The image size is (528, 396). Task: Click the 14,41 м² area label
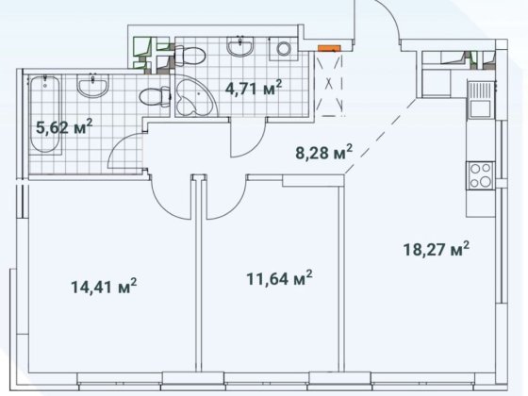click(x=104, y=287)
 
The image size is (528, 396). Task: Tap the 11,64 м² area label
click(x=279, y=278)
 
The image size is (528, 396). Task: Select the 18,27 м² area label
click(x=436, y=249)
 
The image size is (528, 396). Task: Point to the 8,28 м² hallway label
click(x=324, y=152)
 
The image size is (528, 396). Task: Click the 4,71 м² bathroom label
click(x=254, y=89)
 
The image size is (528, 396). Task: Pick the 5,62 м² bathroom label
click(x=64, y=127)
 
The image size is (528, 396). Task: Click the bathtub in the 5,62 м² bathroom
click(x=45, y=114)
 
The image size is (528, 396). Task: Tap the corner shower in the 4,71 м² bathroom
click(x=195, y=96)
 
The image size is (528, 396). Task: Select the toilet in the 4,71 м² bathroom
click(x=190, y=56)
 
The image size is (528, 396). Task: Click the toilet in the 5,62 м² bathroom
click(x=155, y=96)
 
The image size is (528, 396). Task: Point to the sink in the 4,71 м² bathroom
click(x=239, y=45)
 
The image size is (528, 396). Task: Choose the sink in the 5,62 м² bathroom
click(x=92, y=85)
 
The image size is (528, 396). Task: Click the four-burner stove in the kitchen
click(x=481, y=175)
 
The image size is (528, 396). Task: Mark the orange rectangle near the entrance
click(x=329, y=48)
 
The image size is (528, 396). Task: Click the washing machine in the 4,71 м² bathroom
click(x=284, y=48)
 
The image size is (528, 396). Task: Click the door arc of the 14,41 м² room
click(x=169, y=202)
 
